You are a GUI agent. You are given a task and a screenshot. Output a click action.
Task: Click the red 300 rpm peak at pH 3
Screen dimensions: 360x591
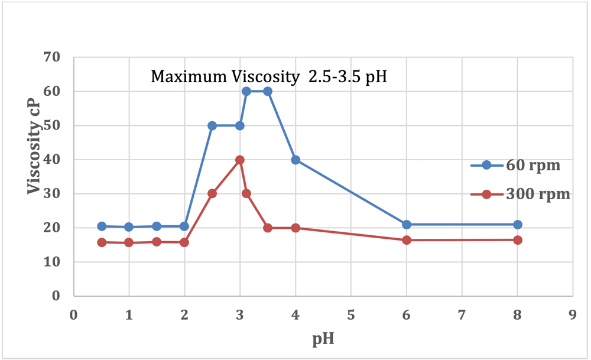click(240, 160)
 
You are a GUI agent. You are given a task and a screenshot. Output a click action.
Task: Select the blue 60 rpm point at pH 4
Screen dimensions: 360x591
click(295, 160)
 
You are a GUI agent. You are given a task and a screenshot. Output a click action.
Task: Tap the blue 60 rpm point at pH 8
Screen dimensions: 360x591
click(518, 225)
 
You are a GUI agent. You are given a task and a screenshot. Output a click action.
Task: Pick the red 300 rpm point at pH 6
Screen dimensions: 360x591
click(407, 240)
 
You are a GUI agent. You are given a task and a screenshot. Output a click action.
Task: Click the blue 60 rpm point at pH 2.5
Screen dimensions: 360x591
click(212, 126)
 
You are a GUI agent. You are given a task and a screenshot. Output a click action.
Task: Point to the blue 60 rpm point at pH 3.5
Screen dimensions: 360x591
click(268, 92)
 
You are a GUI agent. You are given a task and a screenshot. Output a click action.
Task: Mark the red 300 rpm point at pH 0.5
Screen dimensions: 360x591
click(102, 242)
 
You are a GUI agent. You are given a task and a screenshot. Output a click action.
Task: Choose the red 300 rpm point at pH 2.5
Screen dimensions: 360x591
click(212, 193)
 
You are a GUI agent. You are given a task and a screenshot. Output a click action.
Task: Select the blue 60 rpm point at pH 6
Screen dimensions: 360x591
click(407, 225)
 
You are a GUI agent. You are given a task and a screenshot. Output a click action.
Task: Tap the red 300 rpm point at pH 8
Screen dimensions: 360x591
click(518, 240)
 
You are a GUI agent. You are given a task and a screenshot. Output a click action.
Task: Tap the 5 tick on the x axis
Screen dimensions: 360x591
click(351, 315)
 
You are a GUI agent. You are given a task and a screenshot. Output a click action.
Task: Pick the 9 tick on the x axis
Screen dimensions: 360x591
click(573, 315)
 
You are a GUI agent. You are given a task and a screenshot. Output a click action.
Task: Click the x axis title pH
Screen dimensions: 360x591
click(322, 340)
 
